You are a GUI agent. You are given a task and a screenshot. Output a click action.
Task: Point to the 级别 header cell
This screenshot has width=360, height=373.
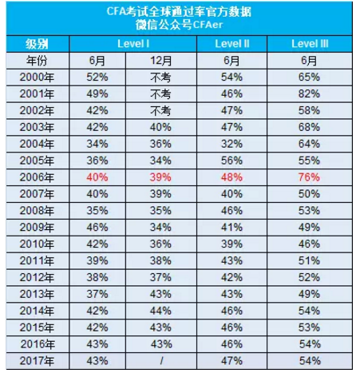(x=36, y=42)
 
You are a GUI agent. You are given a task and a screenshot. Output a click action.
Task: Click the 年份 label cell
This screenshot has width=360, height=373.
(x=36, y=60)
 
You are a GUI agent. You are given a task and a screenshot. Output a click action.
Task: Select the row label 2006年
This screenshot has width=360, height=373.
(x=36, y=177)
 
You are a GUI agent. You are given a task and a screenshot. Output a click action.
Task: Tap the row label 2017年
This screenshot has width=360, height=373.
(x=36, y=362)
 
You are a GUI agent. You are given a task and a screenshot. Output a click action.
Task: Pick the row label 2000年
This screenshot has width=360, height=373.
(x=36, y=77)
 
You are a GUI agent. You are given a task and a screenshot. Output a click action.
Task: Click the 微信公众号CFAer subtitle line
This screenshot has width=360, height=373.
(x=180, y=26)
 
